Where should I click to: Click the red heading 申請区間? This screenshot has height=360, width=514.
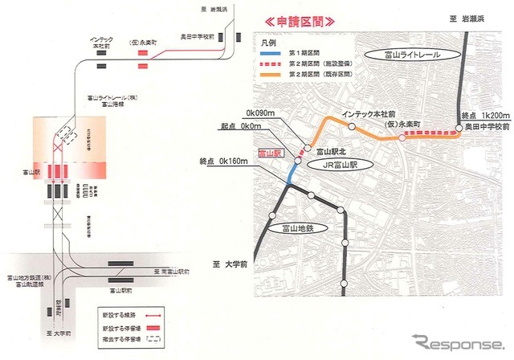[x=305, y=23]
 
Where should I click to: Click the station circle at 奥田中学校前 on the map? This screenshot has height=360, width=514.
[x=459, y=128]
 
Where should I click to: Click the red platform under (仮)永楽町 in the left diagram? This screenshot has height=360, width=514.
[x=144, y=55]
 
